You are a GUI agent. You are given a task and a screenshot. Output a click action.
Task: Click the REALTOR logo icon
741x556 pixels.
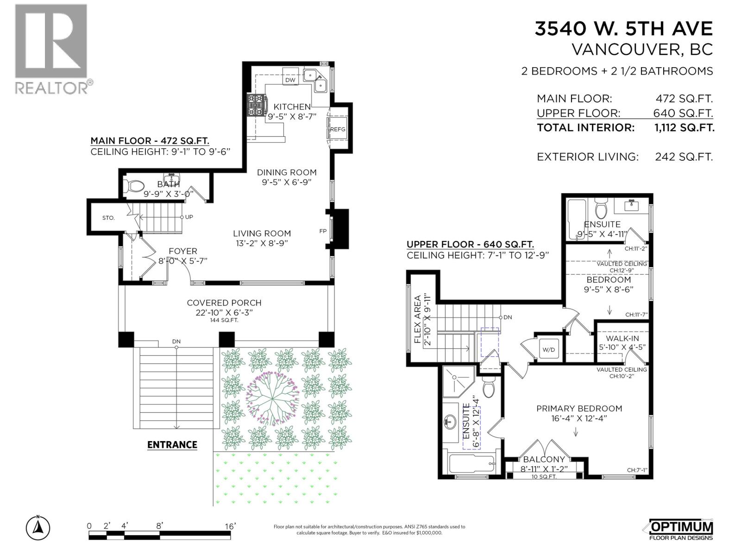click(51, 42)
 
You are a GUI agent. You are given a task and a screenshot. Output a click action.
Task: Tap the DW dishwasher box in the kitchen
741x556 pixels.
click(290, 80)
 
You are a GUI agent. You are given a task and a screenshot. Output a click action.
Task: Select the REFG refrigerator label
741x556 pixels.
click(338, 130)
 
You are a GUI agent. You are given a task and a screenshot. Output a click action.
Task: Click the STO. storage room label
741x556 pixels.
click(108, 218)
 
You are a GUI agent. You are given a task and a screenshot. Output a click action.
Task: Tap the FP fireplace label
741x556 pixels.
click(322, 231)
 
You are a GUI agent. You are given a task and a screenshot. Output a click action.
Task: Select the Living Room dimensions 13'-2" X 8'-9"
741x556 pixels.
click(262, 243)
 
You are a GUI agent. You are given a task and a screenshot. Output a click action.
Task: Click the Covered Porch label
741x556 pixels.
click(224, 303)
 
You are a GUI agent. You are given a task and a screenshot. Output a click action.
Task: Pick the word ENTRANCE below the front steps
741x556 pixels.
click(172, 445)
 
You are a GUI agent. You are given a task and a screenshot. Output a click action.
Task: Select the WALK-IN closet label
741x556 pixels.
click(622, 339)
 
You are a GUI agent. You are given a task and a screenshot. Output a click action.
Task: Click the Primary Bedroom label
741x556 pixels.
click(579, 409)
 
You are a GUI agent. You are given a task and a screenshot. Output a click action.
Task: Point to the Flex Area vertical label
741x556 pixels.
click(417, 319)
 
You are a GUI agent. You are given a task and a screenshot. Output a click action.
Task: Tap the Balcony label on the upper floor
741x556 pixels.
click(544, 460)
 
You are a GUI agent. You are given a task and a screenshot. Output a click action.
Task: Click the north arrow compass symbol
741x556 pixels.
click(38, 527)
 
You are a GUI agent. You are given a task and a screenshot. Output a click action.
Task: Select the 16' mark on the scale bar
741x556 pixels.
click(230, 526)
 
